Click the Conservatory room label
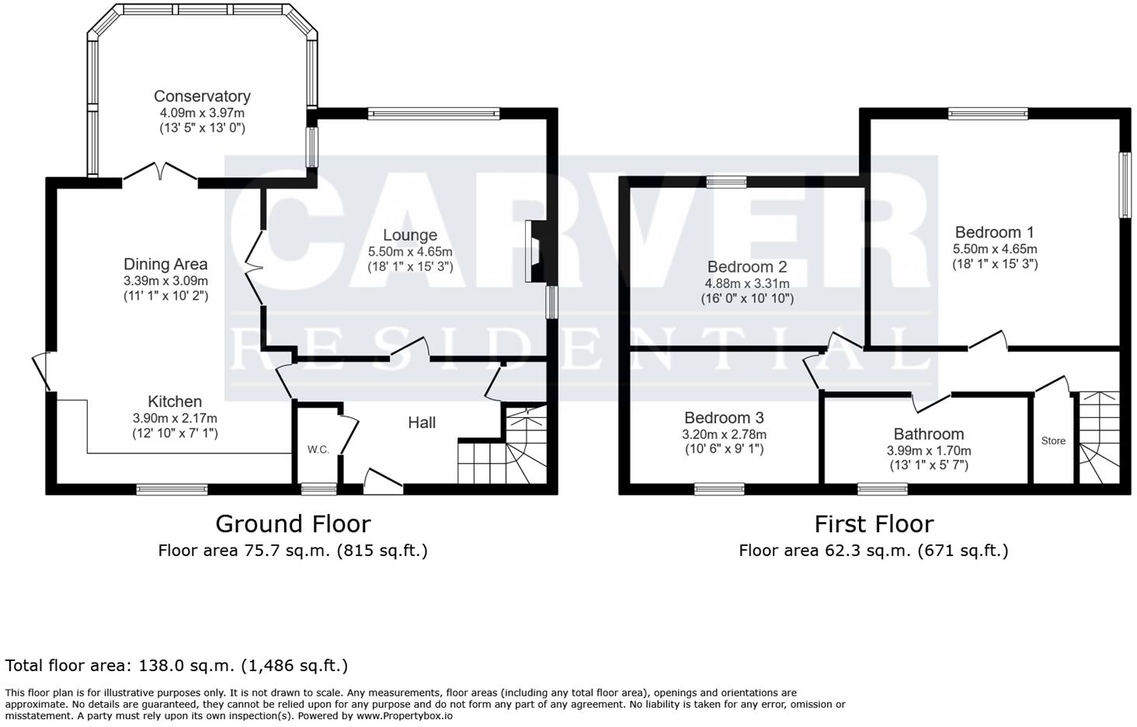[x=202, y=96]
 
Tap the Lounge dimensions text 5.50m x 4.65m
[x=410, y=252]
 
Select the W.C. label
[x=318, y=450]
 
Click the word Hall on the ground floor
[x=422, y=423]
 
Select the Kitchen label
[x=175, y=402]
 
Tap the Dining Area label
[x=165, y=264]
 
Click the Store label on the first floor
[x=1053, y=441]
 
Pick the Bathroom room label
[x=928, y=434]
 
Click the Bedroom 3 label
[x=725, y=418]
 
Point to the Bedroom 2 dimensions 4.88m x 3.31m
[x=747, y=283]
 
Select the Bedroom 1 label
[x=994, y=232]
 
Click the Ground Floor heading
[x=293, y=524]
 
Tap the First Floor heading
[x=874, y=524]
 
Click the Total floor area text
[x=176, y=666]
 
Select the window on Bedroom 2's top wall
[x=726, y=183]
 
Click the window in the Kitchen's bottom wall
[x=172, y=489]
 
